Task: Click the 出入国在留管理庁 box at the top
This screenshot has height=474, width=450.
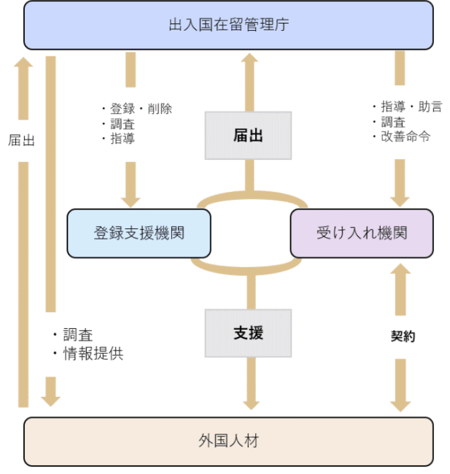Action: point(228,26)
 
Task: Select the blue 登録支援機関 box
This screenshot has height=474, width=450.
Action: point(139,233)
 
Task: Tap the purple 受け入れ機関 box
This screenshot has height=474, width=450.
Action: point(361,233)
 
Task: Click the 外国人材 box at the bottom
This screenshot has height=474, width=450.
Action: point(228,441)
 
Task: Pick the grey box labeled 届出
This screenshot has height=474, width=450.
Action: point(248,136)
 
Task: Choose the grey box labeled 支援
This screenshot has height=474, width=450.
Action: point(248,333)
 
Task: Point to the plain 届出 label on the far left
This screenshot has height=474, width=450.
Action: point(21,140)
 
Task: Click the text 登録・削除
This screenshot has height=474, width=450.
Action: point(141,109)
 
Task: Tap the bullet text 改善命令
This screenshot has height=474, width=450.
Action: point(406,136)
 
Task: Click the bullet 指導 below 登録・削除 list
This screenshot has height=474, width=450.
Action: point(122,138)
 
